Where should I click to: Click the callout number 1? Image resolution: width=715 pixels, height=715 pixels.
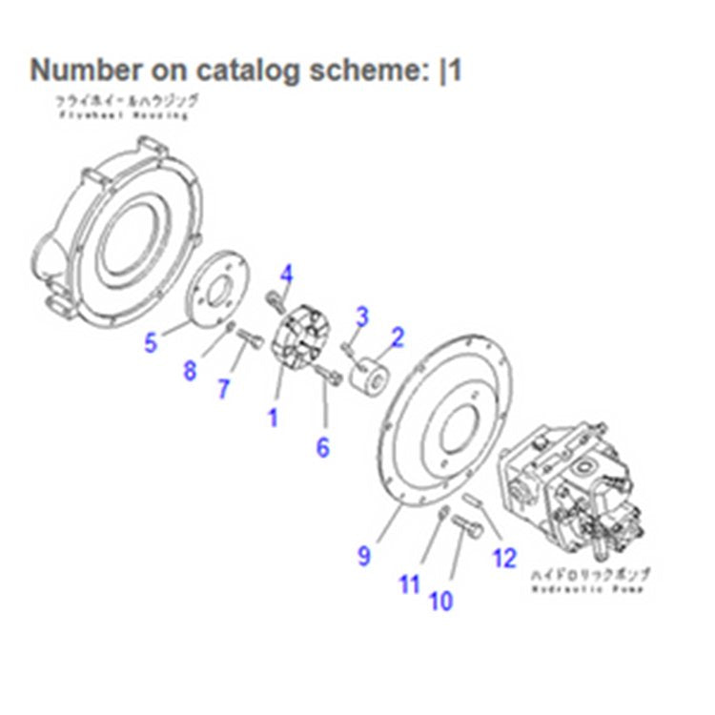tap(273, 418)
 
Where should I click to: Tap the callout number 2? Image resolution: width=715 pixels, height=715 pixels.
tap(398, 336)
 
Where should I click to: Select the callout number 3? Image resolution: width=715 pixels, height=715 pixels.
tap(362, 316)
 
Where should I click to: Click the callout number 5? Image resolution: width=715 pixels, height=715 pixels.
tap(151, 341)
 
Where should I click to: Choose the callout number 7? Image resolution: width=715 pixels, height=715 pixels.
tap(223, 388)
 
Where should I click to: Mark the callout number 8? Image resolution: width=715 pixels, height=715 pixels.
tap(190, 370)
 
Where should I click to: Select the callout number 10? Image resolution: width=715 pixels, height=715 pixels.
tap(441, 601)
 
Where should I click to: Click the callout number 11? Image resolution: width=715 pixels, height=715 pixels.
tap(410, 583)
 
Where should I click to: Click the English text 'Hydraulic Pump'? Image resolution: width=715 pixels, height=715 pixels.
tap(587, 589)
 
